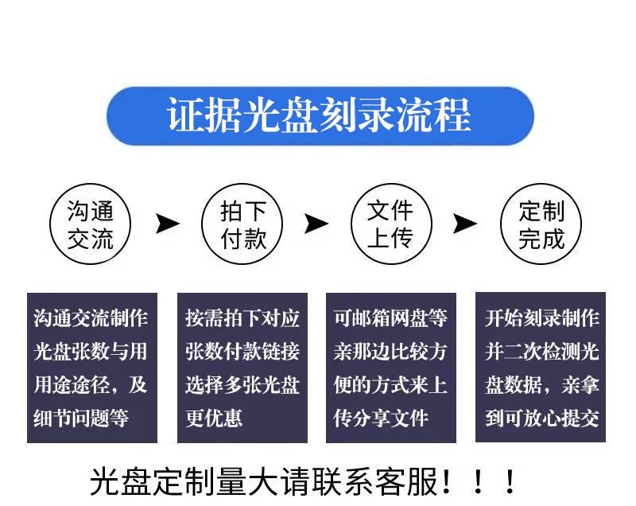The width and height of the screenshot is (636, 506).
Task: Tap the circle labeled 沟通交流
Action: point(91,224)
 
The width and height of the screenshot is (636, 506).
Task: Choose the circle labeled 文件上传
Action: point(390,224)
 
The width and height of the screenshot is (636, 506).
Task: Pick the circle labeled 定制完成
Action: point(541,224)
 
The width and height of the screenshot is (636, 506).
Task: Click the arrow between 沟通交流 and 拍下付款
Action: point(167,224)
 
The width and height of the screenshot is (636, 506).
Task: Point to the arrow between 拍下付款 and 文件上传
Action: point(316,224)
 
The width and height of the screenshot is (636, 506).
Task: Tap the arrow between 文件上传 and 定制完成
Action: point(465,224)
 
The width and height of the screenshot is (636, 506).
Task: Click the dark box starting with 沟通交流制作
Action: point(91,368)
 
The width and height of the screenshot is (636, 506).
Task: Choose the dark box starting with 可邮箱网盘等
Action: point(390,368)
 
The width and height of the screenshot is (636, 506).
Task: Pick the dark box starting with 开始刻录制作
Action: point(541,368)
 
